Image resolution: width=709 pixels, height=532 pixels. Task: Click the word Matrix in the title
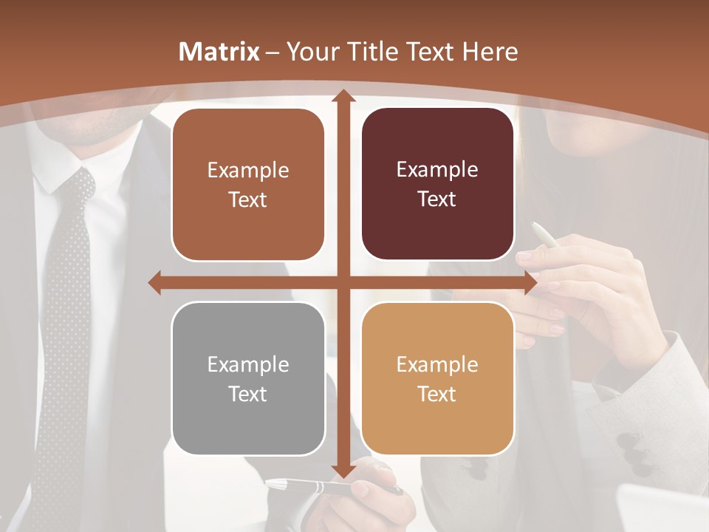(x=219, y=52)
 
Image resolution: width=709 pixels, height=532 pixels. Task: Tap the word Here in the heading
(x=490, y=52)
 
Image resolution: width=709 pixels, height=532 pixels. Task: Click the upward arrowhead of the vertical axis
(x=343, y=96)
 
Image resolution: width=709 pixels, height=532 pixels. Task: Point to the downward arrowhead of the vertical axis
(x=343, y=471)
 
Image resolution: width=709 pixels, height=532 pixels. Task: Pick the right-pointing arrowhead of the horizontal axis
(x=530, y=282)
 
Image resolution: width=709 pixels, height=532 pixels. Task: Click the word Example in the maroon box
(x=437, y=170)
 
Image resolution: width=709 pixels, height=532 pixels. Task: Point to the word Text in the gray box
(x=248, y=394)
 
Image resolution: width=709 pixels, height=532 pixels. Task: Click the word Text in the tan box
(x=437, y=394)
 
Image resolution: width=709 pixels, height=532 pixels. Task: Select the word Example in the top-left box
(x=248, y=171)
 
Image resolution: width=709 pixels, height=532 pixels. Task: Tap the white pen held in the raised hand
(x=546, y=235)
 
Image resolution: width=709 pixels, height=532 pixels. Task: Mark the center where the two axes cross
(x=343, y=282)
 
